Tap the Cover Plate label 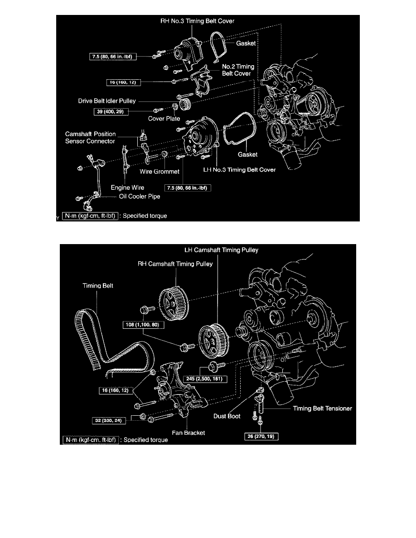[164, 119]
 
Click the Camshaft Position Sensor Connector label [90, 137]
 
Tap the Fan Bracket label [188, 433]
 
